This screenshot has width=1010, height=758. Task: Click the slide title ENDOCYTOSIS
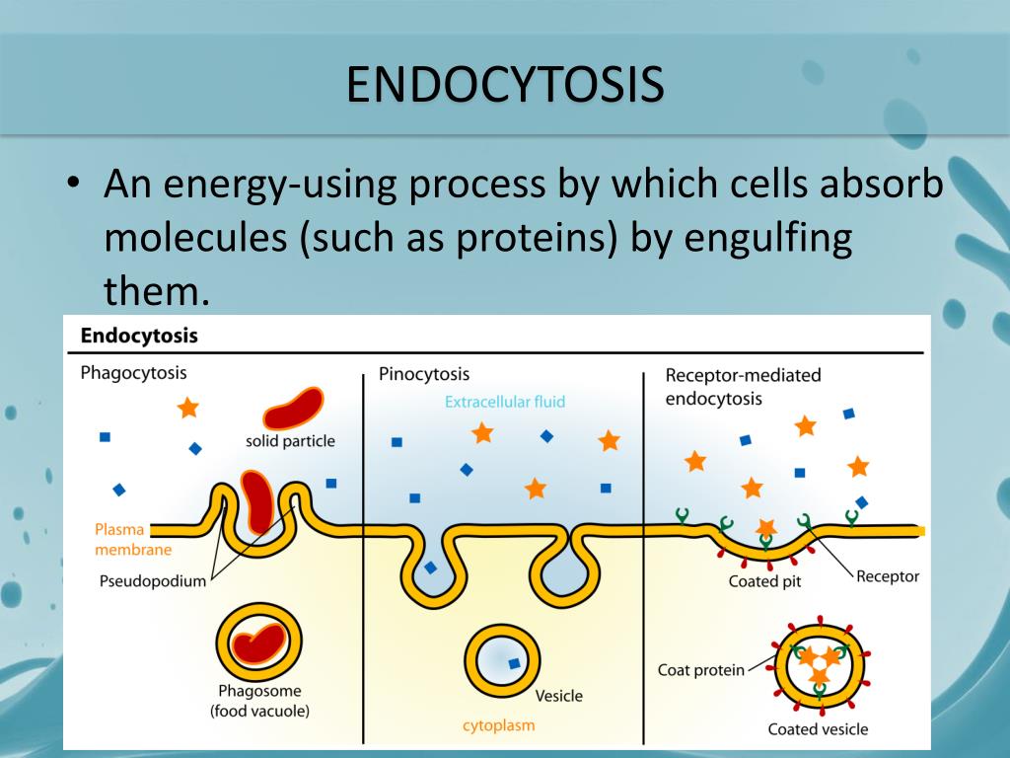tap(504, 85)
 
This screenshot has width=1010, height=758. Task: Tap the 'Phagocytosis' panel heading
tap(133, 373)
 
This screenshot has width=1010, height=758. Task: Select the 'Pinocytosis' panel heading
tap(424, 374)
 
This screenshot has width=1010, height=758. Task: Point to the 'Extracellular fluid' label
tap(505, 402)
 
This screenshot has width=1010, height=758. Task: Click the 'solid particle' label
tap(290, 441)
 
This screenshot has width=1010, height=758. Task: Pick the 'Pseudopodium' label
tap(152, 580)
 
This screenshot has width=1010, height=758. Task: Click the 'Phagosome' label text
tap(259, 691)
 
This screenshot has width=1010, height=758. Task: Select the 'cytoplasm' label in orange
tap(499, 725)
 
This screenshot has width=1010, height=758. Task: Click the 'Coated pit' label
tap(764, 581)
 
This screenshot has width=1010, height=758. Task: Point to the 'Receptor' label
tap(888, 576)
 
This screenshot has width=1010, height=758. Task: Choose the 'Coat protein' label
tap(701, 671)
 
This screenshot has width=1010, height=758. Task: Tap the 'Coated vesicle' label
tap(818, 729)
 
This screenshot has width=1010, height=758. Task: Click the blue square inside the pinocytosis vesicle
tap(513, 663)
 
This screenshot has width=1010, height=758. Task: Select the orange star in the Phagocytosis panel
tap(186, 407)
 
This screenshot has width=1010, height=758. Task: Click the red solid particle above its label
tap(292, 407)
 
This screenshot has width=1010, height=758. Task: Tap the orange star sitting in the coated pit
tap(766, 528)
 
